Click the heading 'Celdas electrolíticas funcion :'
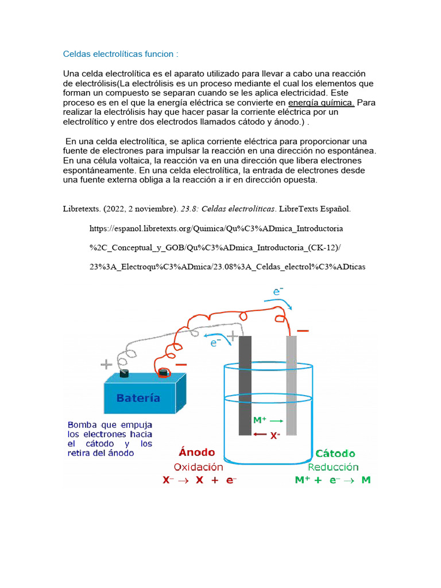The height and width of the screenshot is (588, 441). point(121,54)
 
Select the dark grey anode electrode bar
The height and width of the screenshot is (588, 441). point(245,385)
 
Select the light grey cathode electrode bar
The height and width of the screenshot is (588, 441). point(292,385)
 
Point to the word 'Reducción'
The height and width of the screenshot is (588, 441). point(332,467)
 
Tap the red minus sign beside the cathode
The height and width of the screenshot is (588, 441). point(303,331)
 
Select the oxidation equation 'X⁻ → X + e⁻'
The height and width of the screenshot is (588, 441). point(199,480)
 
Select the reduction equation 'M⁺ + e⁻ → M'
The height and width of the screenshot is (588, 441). point(332,480)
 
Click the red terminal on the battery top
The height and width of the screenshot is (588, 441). point(164,373)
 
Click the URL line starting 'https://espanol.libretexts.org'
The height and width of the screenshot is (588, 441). point(216,228)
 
